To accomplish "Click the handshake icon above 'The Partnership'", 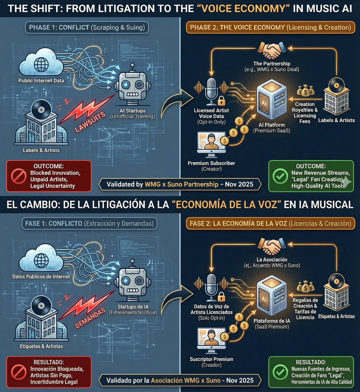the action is point(272,50).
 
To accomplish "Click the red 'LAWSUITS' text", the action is point(90,122).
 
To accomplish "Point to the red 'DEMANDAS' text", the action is point(90,318).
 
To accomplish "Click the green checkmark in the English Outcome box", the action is point(280,176).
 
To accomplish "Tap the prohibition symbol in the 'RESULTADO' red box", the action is point(19,372).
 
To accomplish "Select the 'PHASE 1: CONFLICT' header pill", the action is point(87,27).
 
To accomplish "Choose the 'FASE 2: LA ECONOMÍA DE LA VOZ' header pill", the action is point(270,223).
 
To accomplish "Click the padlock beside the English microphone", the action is point(221,101).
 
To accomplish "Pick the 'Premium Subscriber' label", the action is point(211,163).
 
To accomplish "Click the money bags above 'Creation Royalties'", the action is point(306,91).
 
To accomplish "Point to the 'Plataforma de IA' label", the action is point(272,321).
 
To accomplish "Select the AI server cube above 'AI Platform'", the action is point(272,100).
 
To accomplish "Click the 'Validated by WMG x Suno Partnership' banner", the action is point(180,184).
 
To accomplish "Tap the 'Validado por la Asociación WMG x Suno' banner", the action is point(180,380).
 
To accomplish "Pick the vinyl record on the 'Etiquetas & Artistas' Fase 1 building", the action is point(41,305).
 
